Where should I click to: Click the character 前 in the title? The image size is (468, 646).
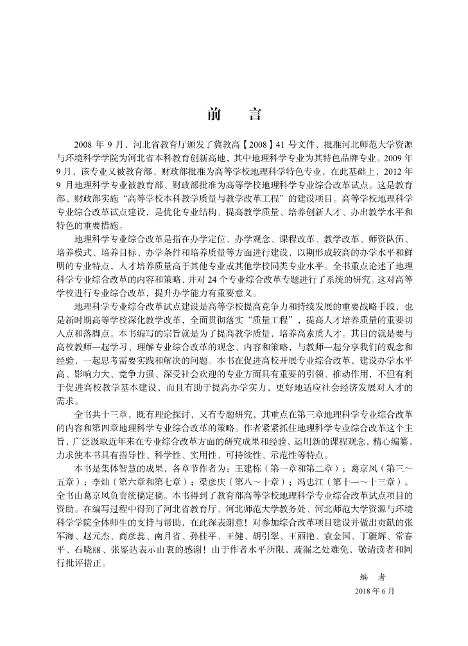(x=215, y=115)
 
